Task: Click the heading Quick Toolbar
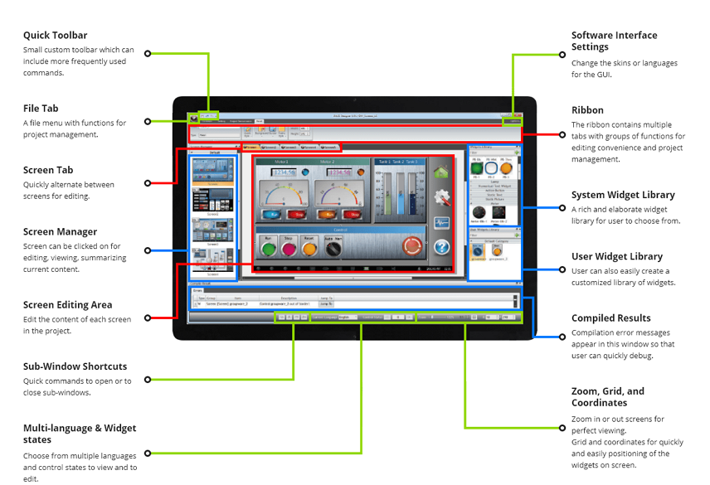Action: point(55,36)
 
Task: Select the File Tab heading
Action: point(41,109)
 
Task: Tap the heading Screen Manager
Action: point(60,232)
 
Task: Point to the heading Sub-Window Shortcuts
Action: point(75,366)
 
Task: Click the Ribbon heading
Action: point(587,110)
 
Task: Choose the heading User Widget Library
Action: point(616,257)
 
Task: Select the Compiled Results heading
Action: point(610,318)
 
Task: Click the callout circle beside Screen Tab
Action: point(148,183)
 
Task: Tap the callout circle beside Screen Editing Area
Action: point(148,318)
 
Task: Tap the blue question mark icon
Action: point(441,246)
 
